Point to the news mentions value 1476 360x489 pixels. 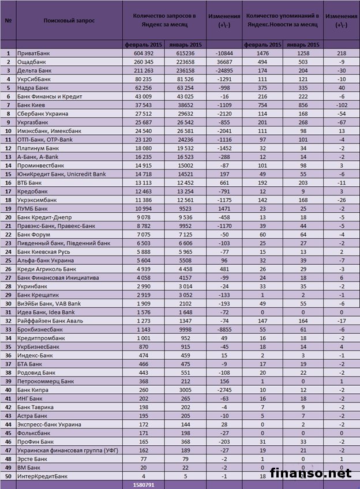[262, 54]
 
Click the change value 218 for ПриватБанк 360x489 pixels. [342, 54]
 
